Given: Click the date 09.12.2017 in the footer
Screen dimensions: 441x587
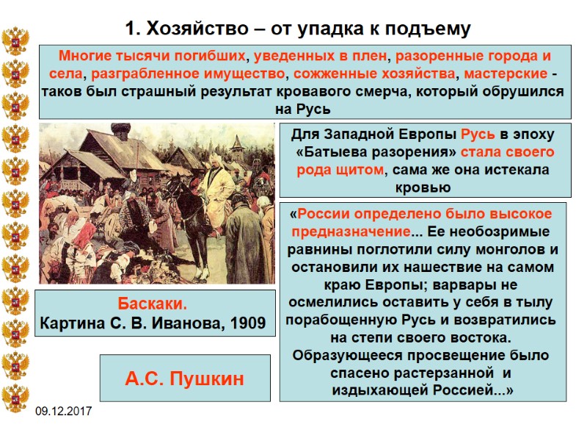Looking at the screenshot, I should (x=65, y=410).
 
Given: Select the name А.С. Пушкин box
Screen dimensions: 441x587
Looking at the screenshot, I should (x=184, y=379).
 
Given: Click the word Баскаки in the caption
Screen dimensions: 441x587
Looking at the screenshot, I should (x=152, y=304).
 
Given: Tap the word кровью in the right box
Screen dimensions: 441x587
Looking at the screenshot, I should (x=423, y=187).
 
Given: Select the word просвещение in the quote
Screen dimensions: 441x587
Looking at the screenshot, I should (x=438, y=356).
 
